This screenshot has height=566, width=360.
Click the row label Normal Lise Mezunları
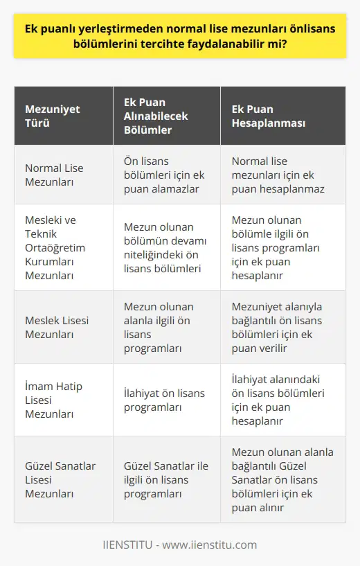tap(53, 174)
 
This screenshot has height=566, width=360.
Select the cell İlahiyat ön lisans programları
tap(164, 400)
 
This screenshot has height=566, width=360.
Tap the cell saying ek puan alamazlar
tap(164, 174)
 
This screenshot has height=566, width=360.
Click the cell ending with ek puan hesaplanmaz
tap(278, 174)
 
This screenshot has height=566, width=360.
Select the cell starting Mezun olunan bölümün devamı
tap(165, 247)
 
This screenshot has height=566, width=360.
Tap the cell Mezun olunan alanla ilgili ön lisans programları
tap(159, 326)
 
